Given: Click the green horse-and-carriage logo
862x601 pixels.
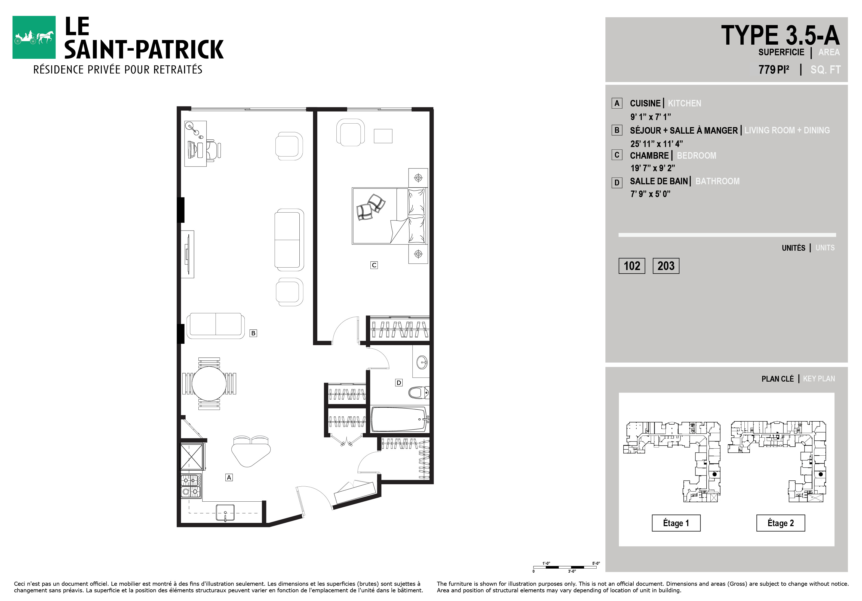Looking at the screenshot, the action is point(34,37).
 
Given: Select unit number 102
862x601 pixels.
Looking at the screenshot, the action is point(632,266).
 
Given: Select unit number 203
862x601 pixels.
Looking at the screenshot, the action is point(666,266).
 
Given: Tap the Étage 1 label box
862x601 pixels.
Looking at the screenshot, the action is point(676,523).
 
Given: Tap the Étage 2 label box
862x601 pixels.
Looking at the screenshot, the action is point(781,523).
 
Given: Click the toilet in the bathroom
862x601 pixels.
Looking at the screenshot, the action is point(419,393).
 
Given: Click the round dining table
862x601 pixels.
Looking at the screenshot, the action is point(209,383).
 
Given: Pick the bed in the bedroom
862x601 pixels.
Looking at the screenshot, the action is point(389,216).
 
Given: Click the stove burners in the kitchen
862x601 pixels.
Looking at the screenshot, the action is point(191,486).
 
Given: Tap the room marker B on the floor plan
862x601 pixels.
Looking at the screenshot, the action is point(253,333).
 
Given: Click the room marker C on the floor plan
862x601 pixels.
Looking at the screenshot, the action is point(374,265).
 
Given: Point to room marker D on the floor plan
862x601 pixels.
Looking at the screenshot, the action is point(399,382).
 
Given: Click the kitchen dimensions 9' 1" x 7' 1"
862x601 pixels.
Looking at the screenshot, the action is point(651,117).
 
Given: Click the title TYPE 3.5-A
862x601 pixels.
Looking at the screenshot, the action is point(780,35).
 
